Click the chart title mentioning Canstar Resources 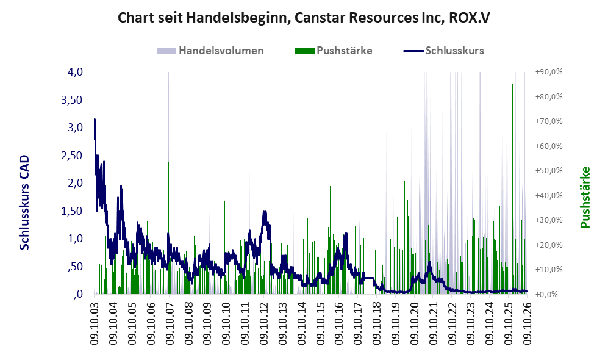[x=304, y=18]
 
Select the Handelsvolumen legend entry [x=210, y=51]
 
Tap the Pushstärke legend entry [x=334, y=51]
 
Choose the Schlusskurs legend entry [x=443, y=51]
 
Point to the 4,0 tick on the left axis [x=75, y=72]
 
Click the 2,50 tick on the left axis [x=72, y=156]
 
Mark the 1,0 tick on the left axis [x=75, y=239]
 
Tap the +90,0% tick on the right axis [x=549, y=72]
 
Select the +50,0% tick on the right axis [x=549, y=171]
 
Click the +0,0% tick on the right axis [x=547, y=295]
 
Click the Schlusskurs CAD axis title [x=24, y=203]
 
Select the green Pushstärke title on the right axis [x=585, y=198]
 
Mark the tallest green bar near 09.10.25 [x=513, y=189]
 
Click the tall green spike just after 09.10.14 [x=307, y=206]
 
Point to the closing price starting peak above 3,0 [x=95, y=120]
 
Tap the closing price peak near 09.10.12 [x=265, y=211]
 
